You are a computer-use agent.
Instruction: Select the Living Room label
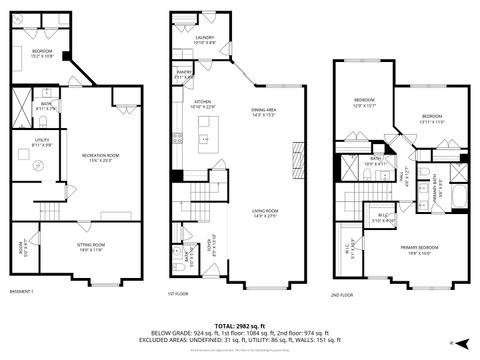(265, 211)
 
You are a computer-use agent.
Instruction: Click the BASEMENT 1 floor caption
(22, 291)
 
